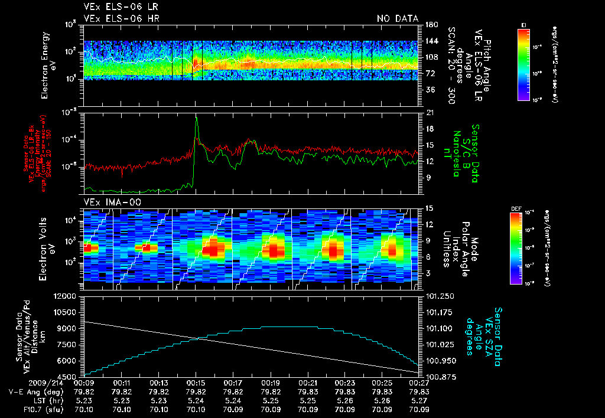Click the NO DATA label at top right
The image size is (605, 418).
point(397,19)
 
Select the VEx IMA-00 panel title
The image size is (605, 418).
point(109,202)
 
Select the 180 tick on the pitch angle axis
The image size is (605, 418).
point(431,25)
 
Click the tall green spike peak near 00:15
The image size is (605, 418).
point(196,117)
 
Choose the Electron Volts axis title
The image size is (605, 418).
point(48,244)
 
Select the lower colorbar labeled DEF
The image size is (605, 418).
point(516,247)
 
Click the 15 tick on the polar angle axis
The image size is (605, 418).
point(429,208)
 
